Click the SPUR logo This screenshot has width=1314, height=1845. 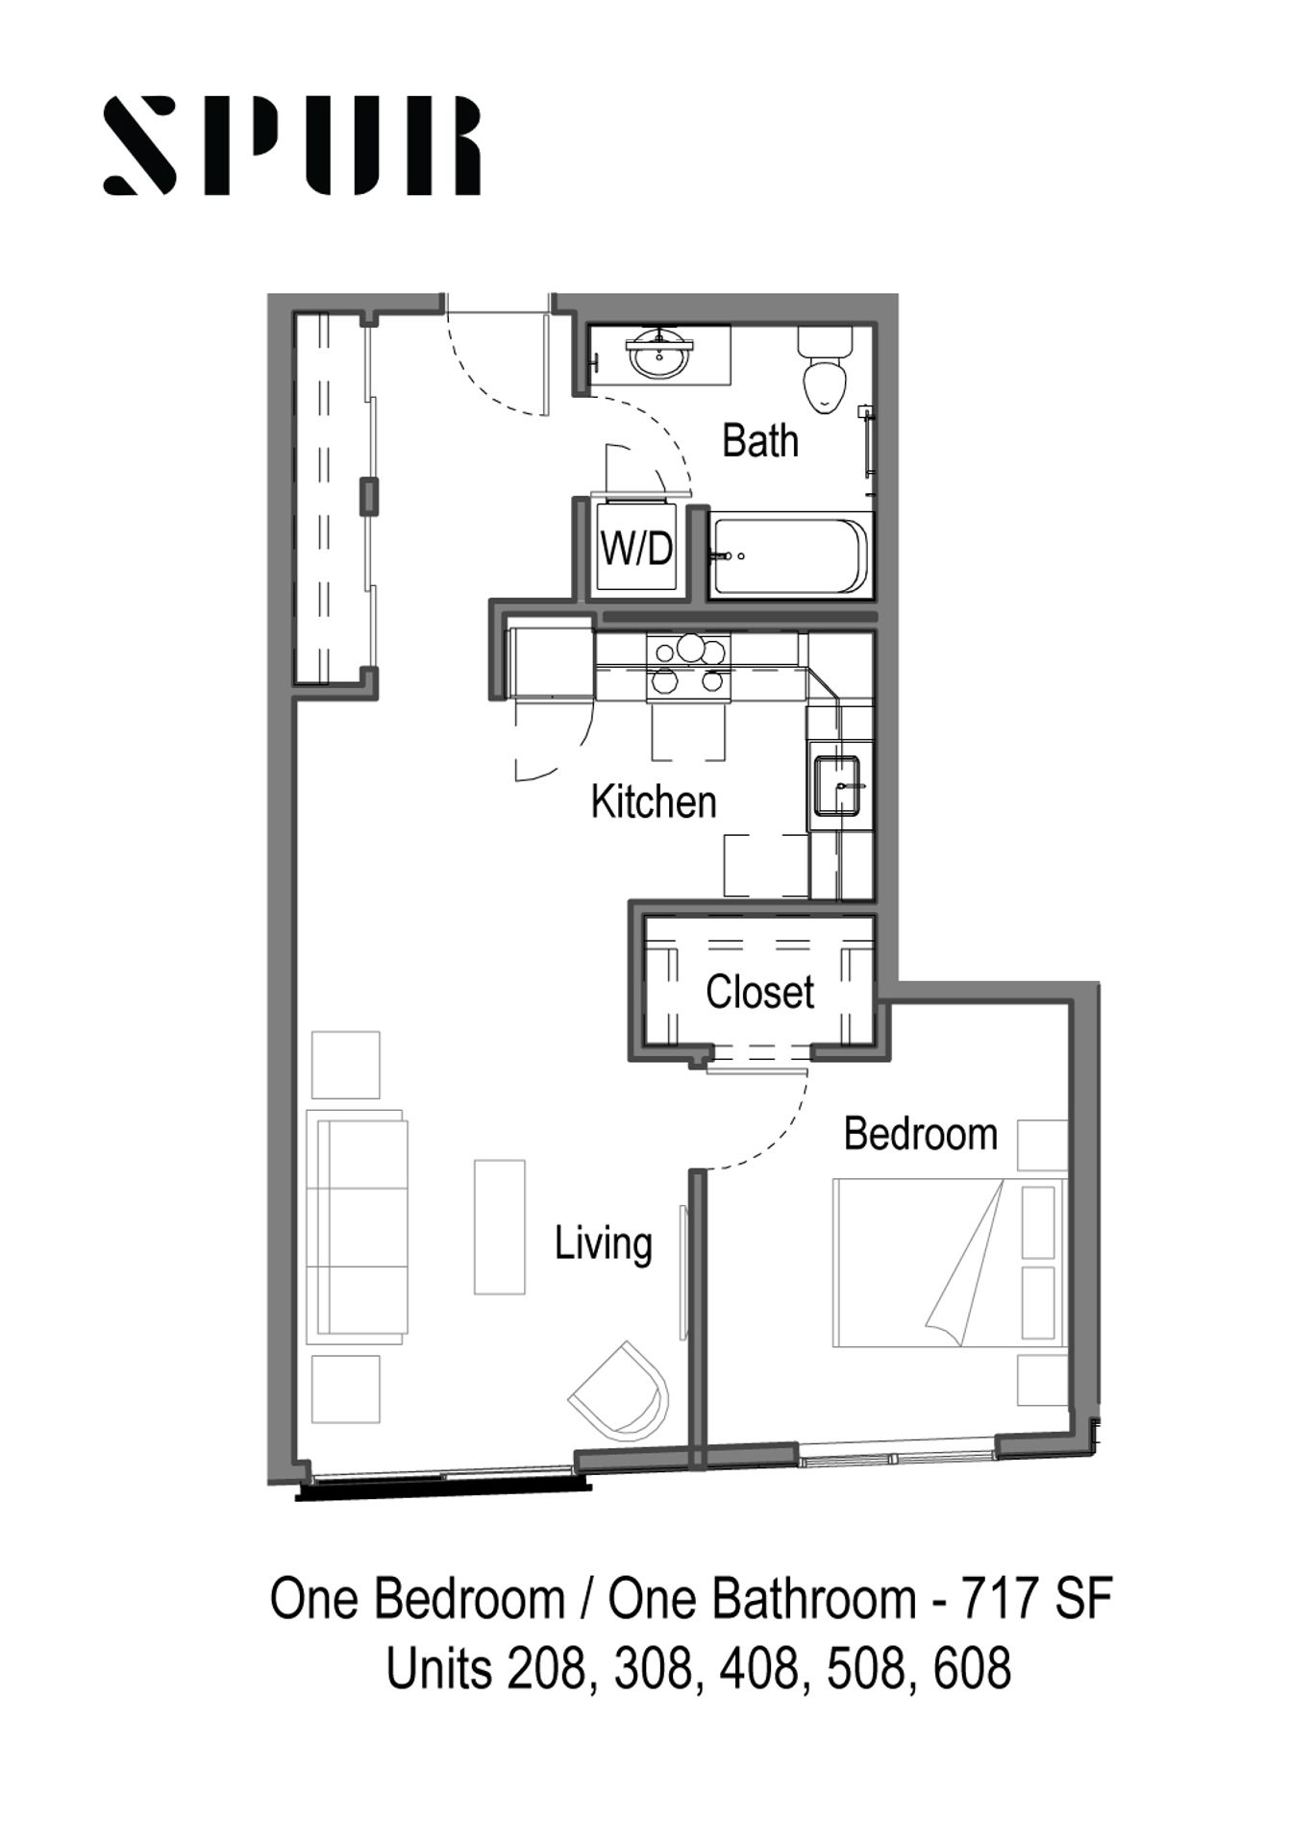pyautogui.click(x=291, y=145)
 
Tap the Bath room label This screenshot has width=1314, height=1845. pyautogui.click(x=759, y=440)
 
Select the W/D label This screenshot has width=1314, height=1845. pyautogui.click(x=636, y=549)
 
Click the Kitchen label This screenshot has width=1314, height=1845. pyautogui.click(x=654, y=801)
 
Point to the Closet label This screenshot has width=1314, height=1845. pyautogui.click(x=759, y=992)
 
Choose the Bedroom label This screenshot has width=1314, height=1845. pyautogui.click(x=920, y=1134)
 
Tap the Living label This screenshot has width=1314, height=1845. pyautogui.click(x=603, y=1244)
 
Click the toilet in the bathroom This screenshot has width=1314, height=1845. pyautogui.click(x=826, y=370)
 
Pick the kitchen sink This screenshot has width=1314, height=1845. pyautogui.click(x=836, y=785)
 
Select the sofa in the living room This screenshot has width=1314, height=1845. pyautogui.click(x=357, y=1227)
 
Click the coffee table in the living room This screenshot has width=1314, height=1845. pyautogui.click(x=499, y=1226)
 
